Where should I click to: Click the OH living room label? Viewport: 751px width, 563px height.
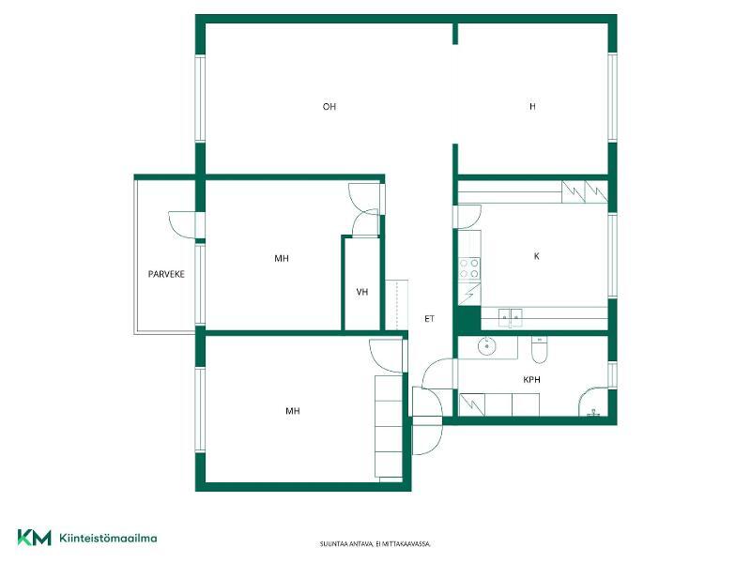[330, 106]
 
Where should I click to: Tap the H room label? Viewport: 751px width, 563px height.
[532, 106]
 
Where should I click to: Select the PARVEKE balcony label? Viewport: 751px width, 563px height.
[166, 274]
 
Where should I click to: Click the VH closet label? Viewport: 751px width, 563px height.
[362, 292]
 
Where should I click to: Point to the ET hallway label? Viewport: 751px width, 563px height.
[429, 318]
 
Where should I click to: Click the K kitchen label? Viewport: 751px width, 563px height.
[536, 256]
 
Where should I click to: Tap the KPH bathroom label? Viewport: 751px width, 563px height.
[531, 380]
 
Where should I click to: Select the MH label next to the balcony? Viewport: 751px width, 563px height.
[282, 259]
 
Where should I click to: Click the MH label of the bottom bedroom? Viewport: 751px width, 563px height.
[293, 411]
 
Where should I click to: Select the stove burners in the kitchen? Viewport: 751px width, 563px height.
[468, 268]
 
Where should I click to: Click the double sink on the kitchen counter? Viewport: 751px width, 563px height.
[510, 317]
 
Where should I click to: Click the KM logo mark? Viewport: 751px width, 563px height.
[34, 537]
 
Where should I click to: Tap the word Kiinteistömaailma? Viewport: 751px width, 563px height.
[108, 538]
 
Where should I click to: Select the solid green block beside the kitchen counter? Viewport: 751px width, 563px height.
[467, 319]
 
